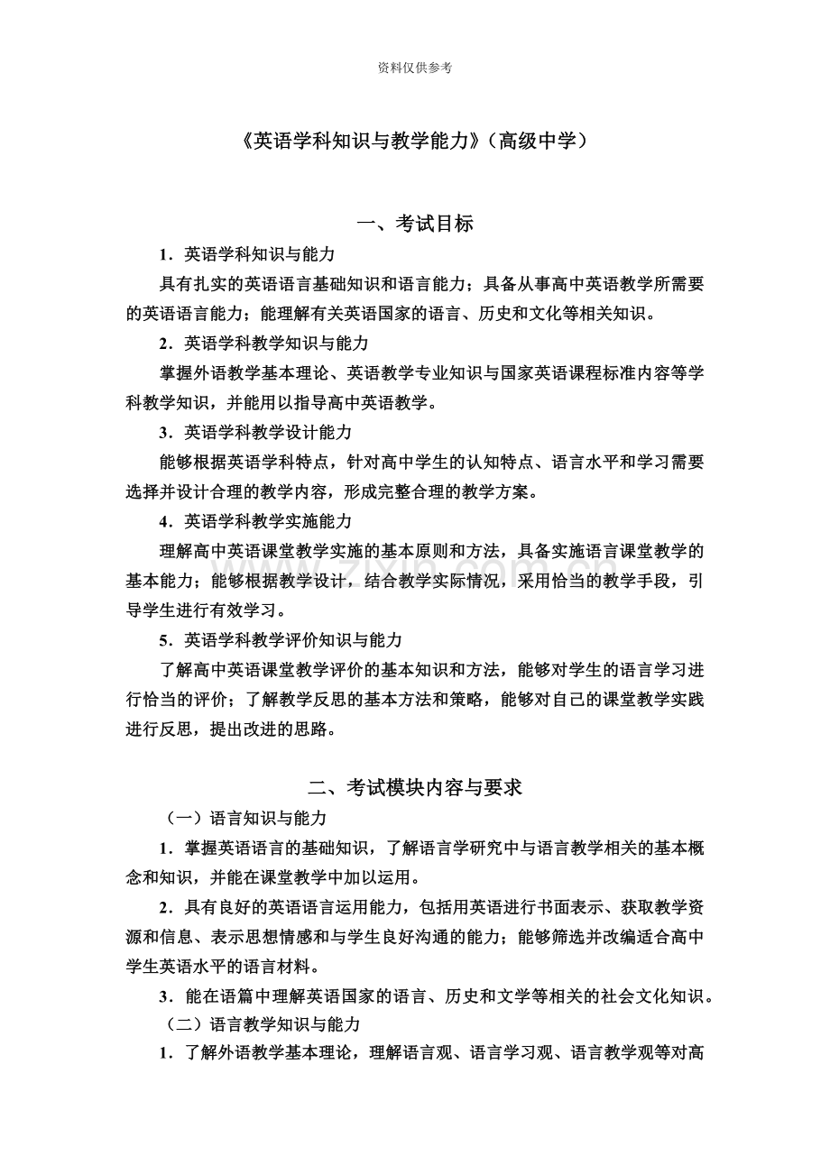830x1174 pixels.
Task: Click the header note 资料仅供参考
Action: tap(415, 68)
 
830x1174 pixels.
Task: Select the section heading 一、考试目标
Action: tap(415, 225)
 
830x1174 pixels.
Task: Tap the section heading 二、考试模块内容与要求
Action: tap(415, 787)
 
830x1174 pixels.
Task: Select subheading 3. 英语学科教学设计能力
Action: tap(254, 432)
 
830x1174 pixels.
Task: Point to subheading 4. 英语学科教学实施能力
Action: tap(254, 521)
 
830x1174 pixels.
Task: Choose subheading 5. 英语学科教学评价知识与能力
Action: tap(280, 639)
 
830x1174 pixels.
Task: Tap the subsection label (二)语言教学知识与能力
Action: tap(263, 1024)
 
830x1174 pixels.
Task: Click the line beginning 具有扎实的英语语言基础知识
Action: tap(431, 284)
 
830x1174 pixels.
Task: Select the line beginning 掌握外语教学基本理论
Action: tap(431, 372)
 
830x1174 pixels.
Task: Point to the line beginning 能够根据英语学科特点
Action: tap(431, 462)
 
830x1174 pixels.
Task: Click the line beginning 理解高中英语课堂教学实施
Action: tap(431, 551)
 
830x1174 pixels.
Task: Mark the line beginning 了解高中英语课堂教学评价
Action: tap(431, 669)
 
